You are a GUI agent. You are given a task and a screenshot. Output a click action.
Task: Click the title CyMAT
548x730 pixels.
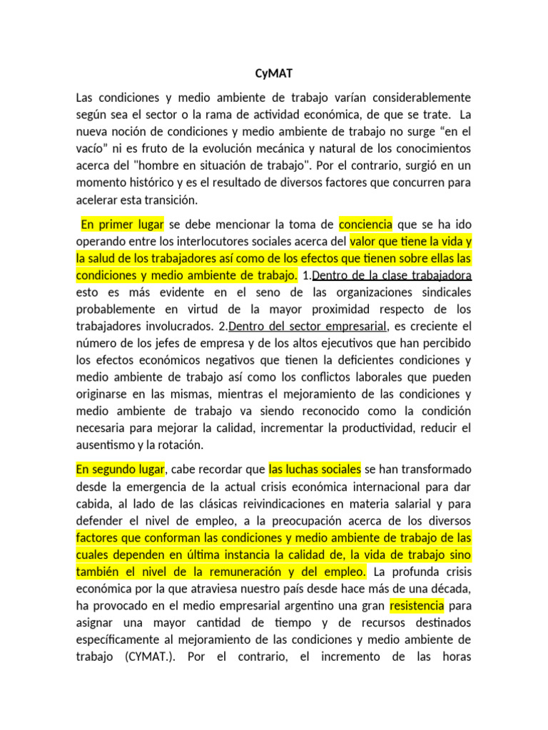click(273, 73)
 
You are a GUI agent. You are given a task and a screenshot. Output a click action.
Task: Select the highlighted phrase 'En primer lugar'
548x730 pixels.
click(122, 224)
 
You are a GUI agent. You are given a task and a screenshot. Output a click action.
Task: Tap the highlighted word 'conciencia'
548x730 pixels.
click(365, 224)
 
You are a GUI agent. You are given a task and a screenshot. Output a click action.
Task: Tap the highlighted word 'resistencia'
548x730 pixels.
click(417, 606)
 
